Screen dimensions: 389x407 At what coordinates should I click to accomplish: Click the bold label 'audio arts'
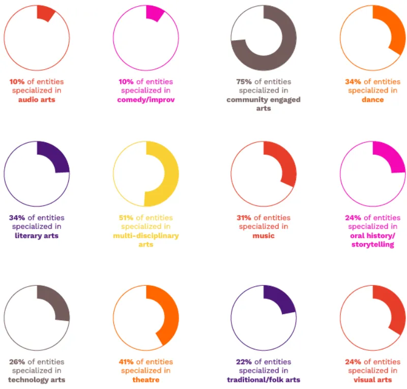pyautogui.click(x=37, y=100)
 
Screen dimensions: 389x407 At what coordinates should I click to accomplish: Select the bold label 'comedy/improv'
pyautogui.click(x=146, y=100)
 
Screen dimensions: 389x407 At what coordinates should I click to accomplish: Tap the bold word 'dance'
pyautogui.click(x=373, y=100)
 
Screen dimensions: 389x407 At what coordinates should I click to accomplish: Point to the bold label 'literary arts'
pyautogui.click(x=37, y=236)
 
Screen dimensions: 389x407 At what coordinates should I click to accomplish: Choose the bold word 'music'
pyautogui.click(x=264, y=236)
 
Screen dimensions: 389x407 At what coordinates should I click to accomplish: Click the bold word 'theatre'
pyautogui.click(x=146, y=380)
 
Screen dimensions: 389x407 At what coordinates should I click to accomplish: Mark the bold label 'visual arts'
pyautogui.click(x=373, y=380)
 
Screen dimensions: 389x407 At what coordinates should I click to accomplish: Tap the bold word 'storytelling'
pyautogui.click(x=373, y=245)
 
